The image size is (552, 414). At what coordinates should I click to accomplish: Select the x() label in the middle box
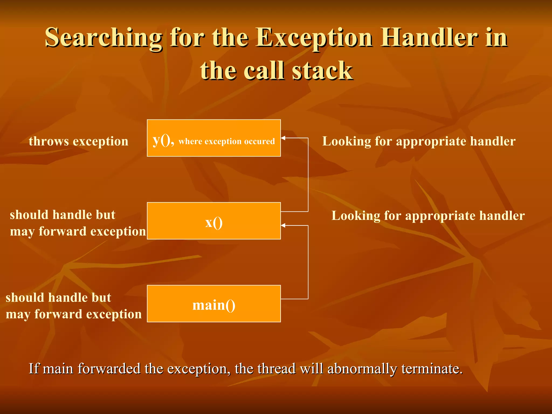214,223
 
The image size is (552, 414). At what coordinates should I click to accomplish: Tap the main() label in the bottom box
214,305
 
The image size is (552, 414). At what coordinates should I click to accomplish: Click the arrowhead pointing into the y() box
283,138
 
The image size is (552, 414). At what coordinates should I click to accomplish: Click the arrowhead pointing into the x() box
283,225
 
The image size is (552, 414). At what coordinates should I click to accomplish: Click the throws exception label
78,141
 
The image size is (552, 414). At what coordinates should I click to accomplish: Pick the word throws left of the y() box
49,141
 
